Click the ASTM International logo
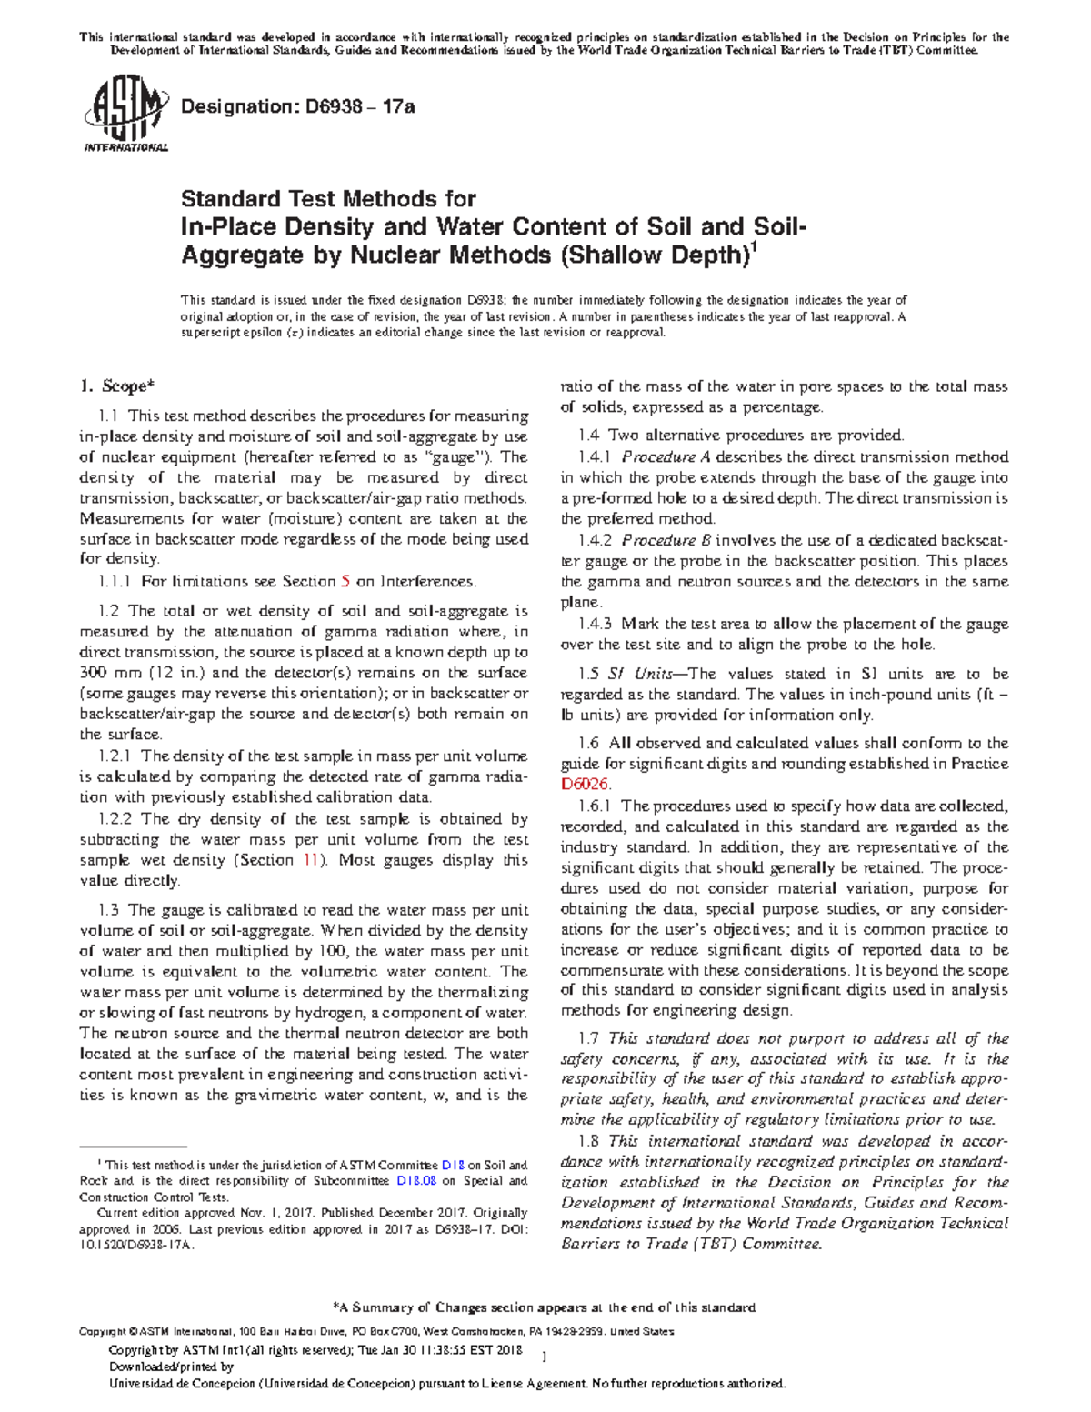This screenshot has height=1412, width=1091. (x=125, y=116)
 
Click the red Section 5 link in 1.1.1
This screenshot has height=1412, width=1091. (x=345, y=582)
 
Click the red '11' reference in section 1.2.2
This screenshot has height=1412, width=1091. (x=310, y=860)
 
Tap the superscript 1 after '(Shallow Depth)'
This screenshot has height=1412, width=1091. (x=751, y=247)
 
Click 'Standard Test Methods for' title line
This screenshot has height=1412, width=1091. (x=328, y=198)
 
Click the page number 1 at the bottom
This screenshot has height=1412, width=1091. (x=543, y=1357)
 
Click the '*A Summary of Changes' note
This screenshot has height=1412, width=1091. (x=545, y=1307)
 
